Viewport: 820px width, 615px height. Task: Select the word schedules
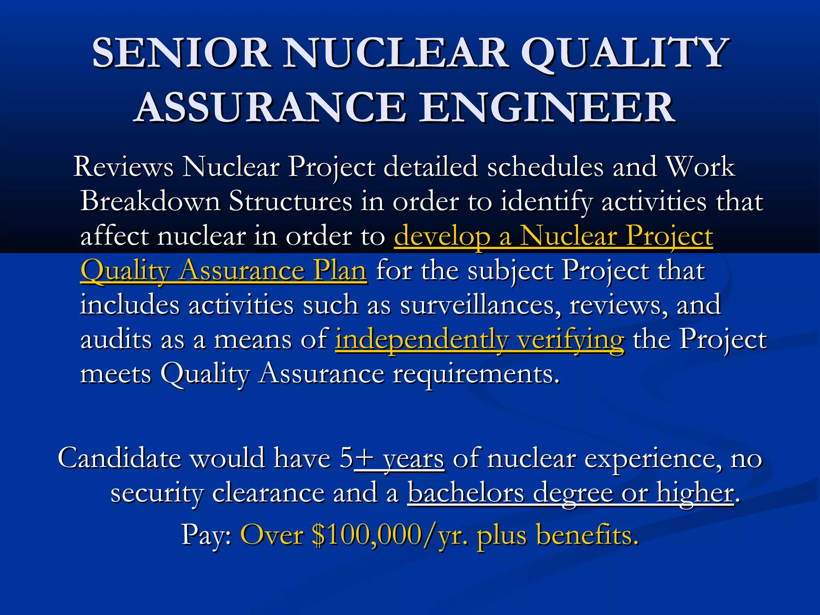coord(545,167)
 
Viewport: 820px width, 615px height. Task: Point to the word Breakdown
coord(150,201)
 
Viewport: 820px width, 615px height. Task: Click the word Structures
coord(290,201)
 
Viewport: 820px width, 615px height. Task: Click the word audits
coord(116,340)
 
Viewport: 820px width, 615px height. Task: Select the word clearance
coord(268,492)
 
